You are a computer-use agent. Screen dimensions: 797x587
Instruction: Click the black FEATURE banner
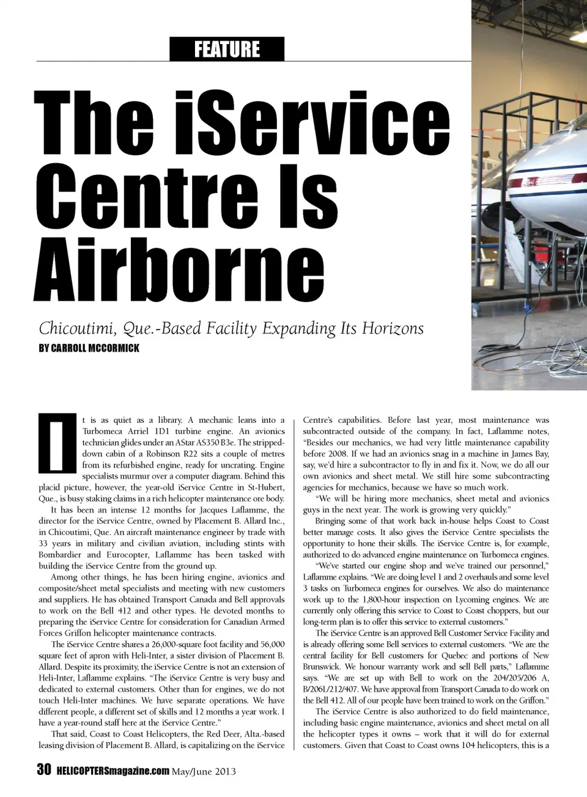tap(227, 49)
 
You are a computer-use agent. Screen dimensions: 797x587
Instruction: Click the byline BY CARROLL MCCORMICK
tap(89, 348)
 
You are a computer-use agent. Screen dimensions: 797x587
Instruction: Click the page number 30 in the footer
tap(43, 769)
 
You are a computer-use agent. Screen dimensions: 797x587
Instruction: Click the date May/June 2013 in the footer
tap(204, 771)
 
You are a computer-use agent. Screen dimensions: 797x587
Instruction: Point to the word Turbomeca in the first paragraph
tap(104, 432)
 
